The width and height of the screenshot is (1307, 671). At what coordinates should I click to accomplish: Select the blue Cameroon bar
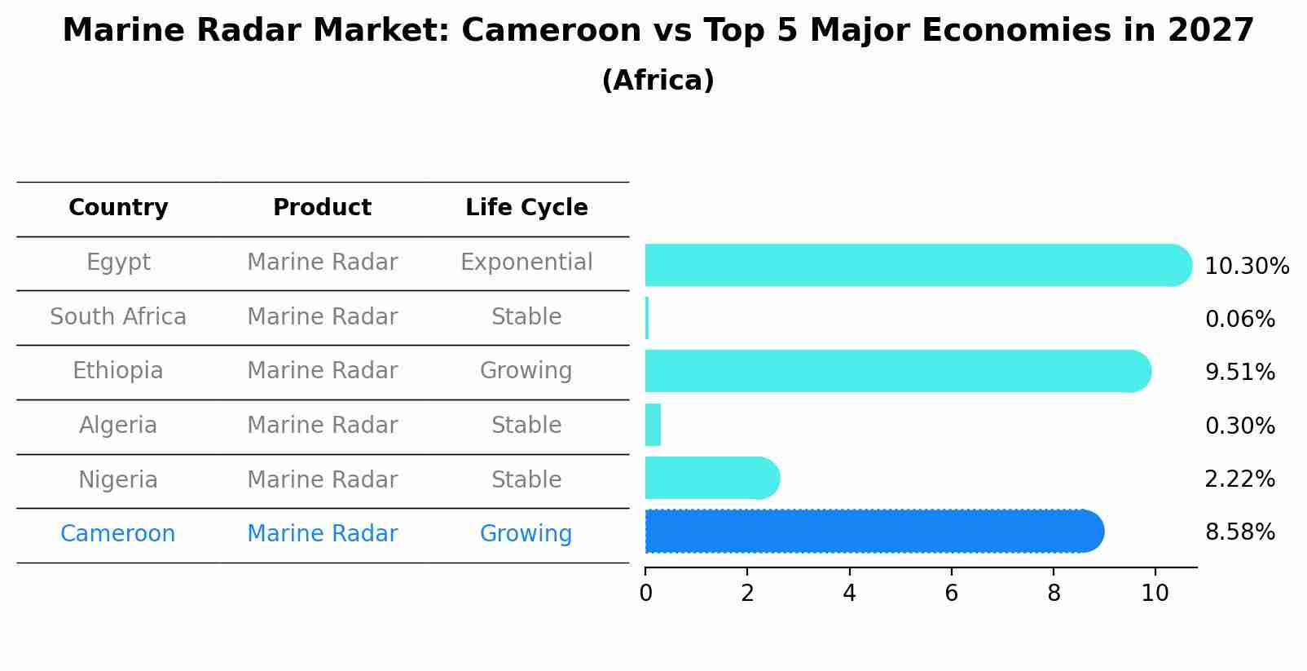click(x=872, y=532)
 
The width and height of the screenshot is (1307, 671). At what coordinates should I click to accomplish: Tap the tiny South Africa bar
click(x=647, y=318)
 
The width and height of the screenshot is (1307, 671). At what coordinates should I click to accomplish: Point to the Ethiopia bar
click(x=896, y=371)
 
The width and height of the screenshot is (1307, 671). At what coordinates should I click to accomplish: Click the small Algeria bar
click(x=653, y=425)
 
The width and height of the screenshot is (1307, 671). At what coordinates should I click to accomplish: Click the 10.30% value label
click(x=1247, y=267)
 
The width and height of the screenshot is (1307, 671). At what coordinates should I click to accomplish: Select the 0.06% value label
click(x=1239, y=320)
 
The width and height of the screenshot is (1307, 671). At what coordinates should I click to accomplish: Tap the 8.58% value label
click(x=1239, y=532)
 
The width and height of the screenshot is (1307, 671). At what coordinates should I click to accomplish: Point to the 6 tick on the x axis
click(x=951, y=594)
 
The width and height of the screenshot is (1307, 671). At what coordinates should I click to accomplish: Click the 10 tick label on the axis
click(x=1155, y=594)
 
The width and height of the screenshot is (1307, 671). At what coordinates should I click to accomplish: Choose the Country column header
click(x=118, y=208)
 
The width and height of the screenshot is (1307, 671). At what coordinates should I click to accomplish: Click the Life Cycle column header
click(x=526, y=208)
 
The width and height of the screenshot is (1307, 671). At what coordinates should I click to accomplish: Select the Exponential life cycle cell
click(x=526, y=263)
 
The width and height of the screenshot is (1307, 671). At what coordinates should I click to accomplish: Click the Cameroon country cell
click(x=118, y=534)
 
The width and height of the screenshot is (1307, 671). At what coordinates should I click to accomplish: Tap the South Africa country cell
click(x=118, y=317)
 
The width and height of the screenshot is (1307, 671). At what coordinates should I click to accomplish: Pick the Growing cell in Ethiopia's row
click(x=526, y=371)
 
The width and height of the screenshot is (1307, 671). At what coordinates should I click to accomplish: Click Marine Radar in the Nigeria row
click(x=323, y=479)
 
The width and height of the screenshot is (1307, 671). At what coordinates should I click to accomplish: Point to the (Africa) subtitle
click(x=658, y=81)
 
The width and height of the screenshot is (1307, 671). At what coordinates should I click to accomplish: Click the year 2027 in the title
click(x=1210, y=31)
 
